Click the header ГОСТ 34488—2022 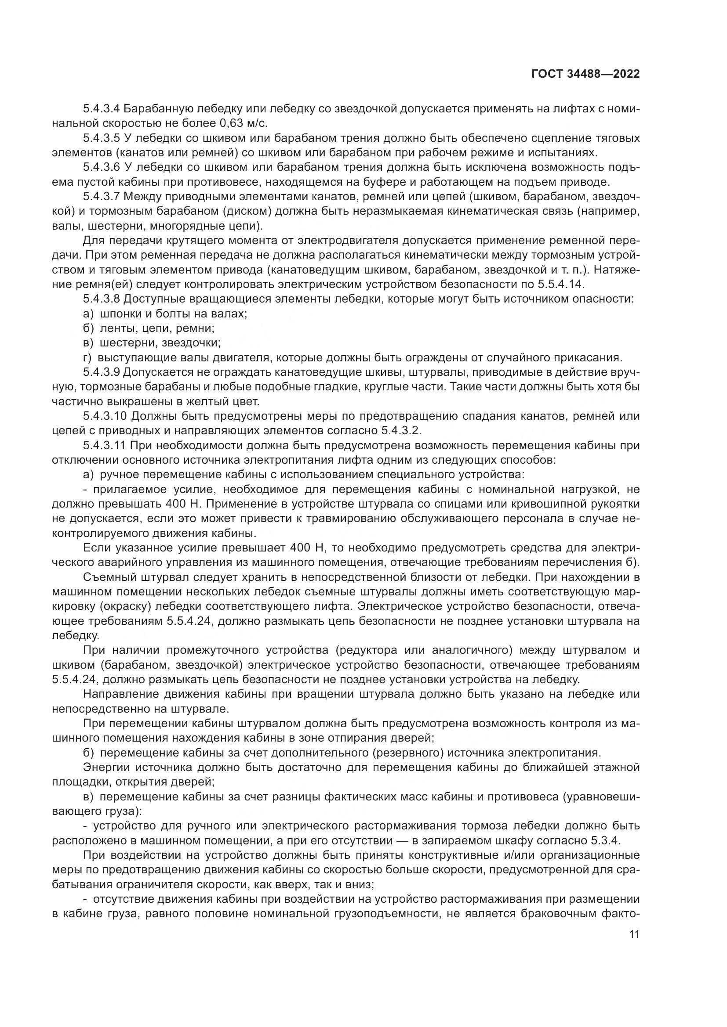(585, 74)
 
